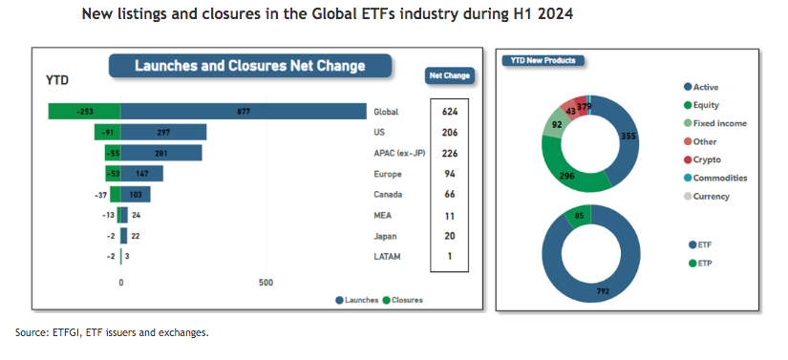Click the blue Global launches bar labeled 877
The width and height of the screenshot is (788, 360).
(244, 112)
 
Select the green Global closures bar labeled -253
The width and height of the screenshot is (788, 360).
(84, 112)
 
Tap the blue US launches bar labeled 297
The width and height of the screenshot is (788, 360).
(163, 133)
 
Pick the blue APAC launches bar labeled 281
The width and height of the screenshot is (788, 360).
(161, 153)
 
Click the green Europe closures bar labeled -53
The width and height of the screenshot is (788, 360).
(113, 174)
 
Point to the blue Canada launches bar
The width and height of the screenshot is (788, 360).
(136, 194)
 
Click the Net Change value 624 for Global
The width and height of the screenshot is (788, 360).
(449, 112)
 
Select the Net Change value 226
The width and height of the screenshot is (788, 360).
(449, 153)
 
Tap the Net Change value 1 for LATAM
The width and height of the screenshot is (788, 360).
(450, 256)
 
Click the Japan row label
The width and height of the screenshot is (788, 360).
(385, 236)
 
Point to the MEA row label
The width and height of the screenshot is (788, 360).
(382, 216)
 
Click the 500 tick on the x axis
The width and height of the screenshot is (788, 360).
(266, 283)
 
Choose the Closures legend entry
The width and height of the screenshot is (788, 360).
(402, 300)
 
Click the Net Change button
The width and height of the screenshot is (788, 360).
(449, 75)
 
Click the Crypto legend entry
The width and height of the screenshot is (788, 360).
(702, 159)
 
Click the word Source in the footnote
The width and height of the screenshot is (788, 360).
(30, 332)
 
